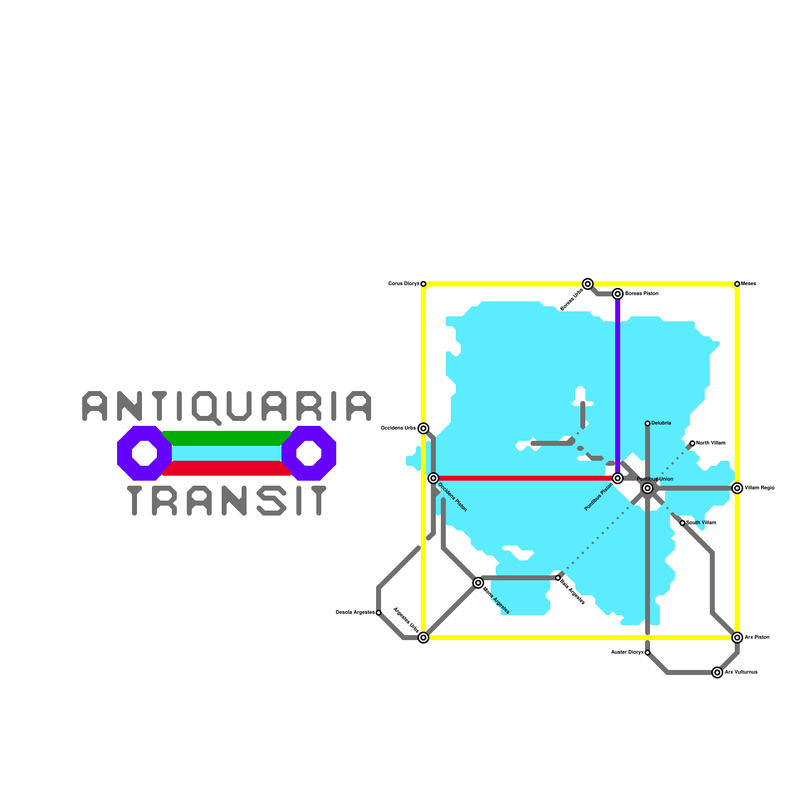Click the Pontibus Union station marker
[648, 488]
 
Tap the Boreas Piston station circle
[618, 294]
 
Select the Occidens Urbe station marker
[423, 428]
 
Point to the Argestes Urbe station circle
[423, 638]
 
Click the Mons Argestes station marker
[478, 583]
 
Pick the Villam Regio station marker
[737, 488]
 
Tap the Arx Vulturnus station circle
[717, 672]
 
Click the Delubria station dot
[648, 423]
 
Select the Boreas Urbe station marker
[588, 284]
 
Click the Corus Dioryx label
[403, 284]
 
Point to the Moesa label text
[749, 284]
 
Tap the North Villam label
[711, 443]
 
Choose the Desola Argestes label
[355, 613]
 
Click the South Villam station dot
[682, 523]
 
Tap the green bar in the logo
[227, 438]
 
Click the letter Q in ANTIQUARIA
[205, 406]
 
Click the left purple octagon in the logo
[144, 453]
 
